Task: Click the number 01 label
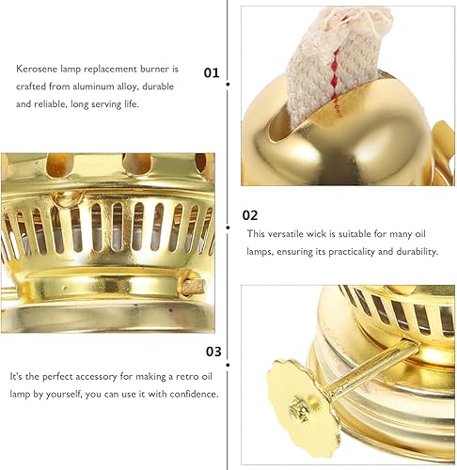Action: click(x=212, y=72)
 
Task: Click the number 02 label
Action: click(x=250, y=215)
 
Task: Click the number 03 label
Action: click(x=213, y=352)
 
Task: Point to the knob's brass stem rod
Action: click(x=371, y=368)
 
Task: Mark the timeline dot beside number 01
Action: click(x=228, y=85)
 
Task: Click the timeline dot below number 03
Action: click(x=228, y=365)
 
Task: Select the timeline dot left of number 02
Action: click(x=228, y=227)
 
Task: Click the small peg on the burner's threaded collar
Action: click(x=193, y=287)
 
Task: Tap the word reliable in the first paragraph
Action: click(x=49, y=104)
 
